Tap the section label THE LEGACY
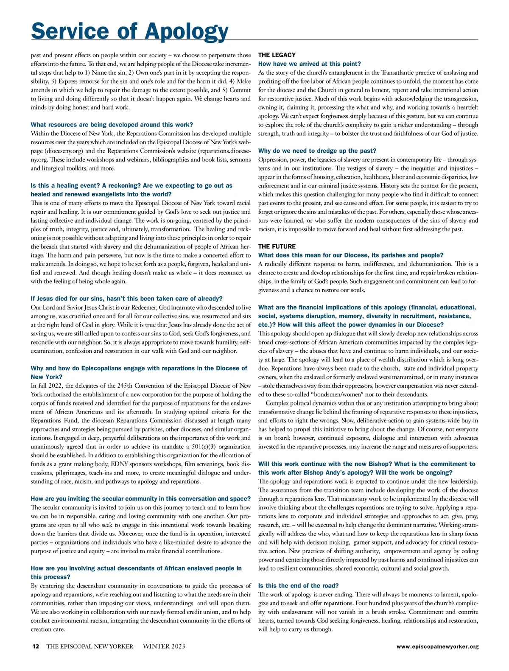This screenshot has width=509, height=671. click(x=277, y=55)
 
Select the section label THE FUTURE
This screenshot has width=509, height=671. click(x=277, y=246)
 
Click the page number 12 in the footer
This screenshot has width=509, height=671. click(x=36, y=646)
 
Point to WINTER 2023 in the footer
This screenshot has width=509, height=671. click(x=164, y=646)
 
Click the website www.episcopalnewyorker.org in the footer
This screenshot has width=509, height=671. click(x=437, y=647)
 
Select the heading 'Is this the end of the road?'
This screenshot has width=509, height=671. click(x=298, y=586)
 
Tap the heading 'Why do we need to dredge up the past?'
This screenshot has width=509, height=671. click(x=317, y=151)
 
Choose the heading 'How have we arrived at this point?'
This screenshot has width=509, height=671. click(x=309, y=64)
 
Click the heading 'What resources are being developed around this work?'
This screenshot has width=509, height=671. click(x=112, y=125)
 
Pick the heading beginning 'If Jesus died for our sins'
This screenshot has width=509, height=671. click(x=126, y=299)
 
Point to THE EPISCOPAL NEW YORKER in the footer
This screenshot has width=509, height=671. click(x=89, y=646)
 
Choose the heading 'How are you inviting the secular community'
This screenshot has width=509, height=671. click(x=140, y=499)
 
